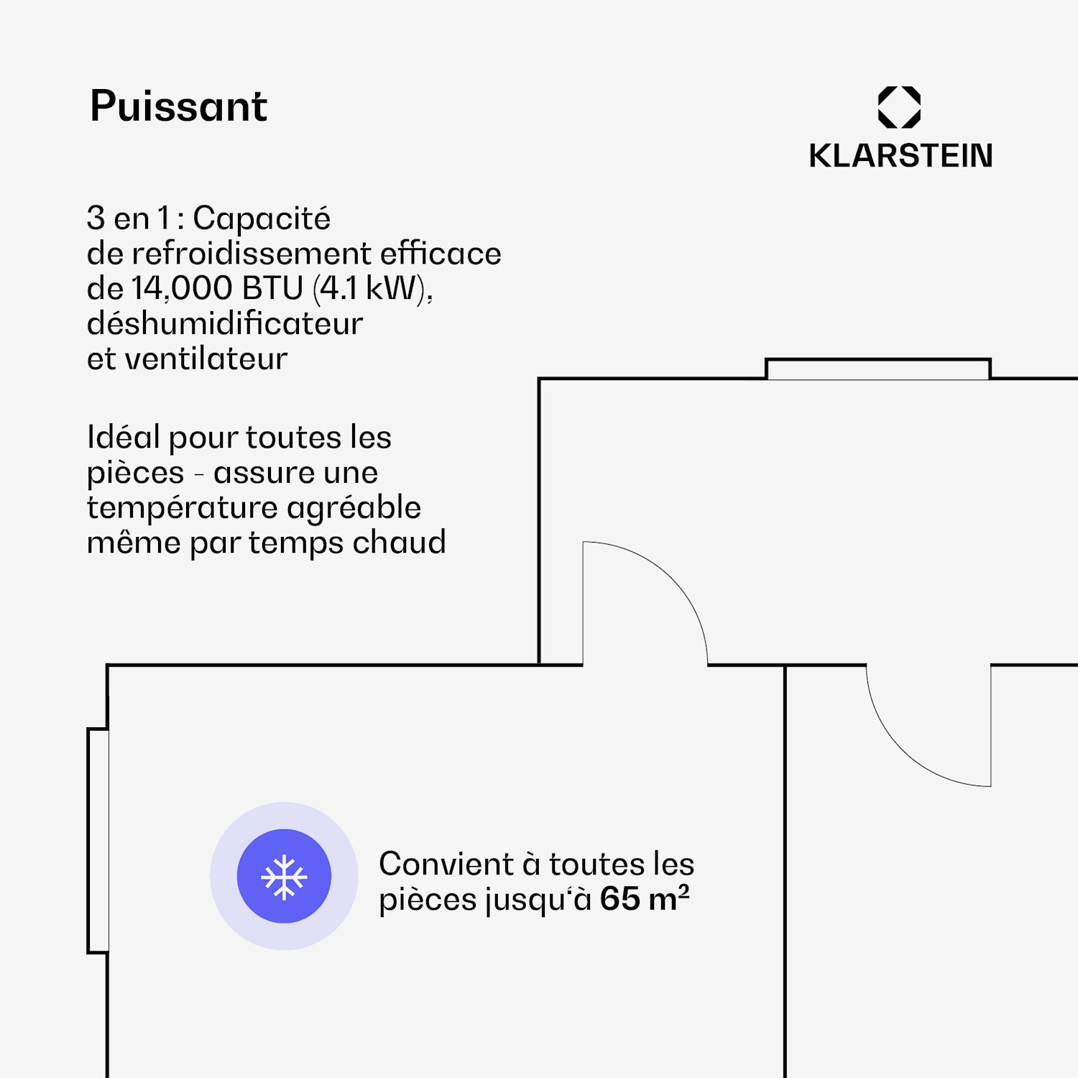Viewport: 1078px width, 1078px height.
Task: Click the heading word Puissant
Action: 178,106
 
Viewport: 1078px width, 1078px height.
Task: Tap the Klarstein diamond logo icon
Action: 899,107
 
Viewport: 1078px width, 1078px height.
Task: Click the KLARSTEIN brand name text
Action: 900,155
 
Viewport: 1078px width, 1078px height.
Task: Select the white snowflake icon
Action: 284,876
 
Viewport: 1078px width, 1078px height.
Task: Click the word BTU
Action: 273,288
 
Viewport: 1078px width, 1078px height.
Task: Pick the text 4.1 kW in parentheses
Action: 371,288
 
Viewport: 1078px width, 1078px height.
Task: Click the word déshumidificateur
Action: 225,323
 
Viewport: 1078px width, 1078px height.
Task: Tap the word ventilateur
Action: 206,359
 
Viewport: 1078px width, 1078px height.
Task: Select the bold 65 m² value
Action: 645,898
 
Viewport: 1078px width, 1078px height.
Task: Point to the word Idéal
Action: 123,437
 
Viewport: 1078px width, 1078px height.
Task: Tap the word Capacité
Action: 262,218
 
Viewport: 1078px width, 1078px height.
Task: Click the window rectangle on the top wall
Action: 877,369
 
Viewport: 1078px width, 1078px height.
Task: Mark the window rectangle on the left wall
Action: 98,841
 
